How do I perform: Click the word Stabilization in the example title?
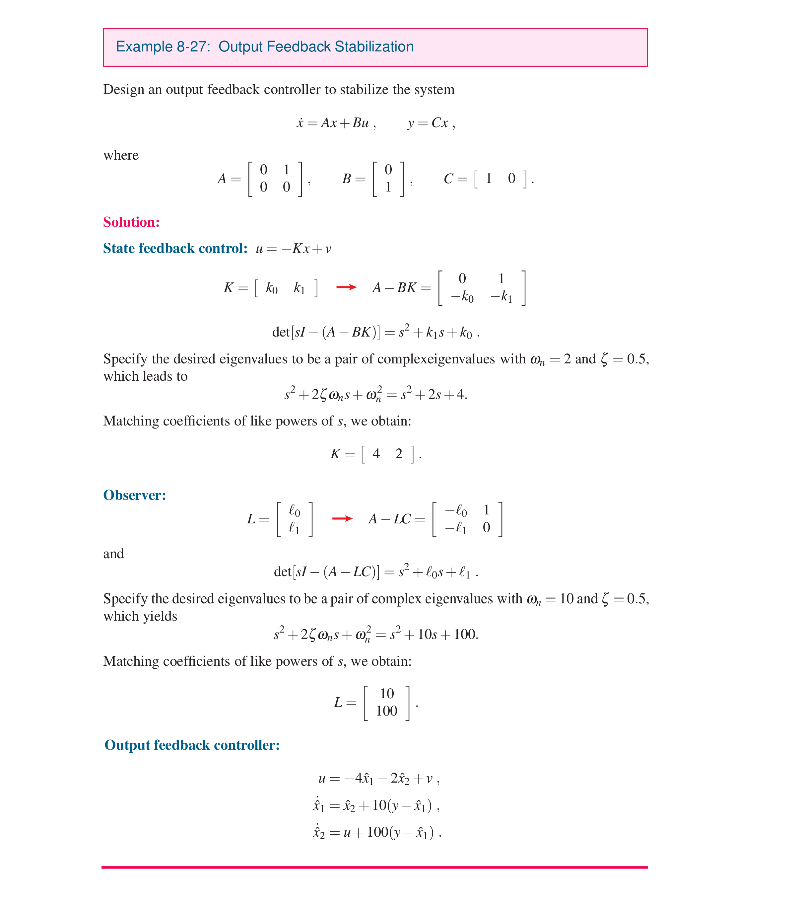pos(374,47)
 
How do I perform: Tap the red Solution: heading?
pos(131,222)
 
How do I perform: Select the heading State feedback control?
pos(175,248)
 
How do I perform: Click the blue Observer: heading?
pos(134,495)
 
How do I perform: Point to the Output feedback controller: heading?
pos(192,745)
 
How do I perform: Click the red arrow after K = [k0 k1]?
pos(346,287)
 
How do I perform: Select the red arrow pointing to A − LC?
pos(342,518)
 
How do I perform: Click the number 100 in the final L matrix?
pos(387,711)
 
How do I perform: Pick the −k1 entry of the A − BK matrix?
pos(501,297)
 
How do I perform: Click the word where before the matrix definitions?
pos(121,155)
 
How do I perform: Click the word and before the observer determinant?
pos(113,554)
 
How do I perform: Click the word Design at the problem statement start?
pos(124,90)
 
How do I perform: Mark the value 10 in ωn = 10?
pos(567,599)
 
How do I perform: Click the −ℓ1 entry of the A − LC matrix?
pos(456,528)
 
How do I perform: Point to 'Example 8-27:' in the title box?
pos(163,47)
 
